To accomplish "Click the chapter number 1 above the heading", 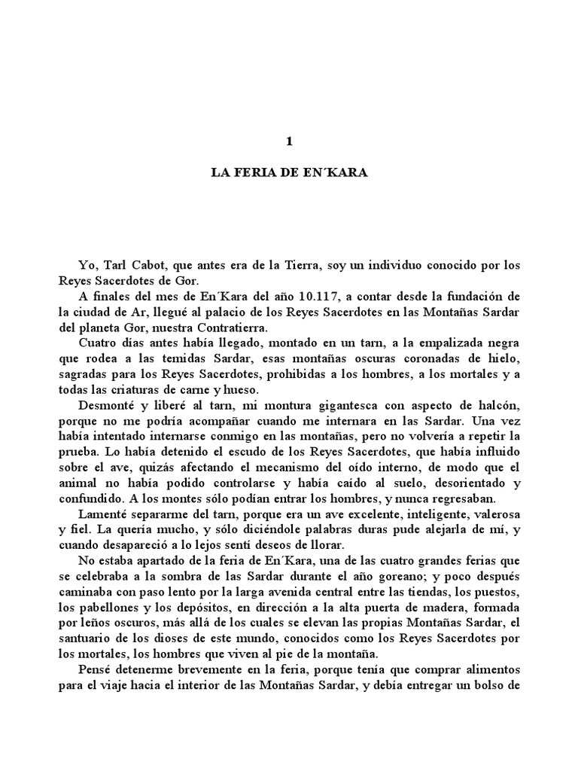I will point(288,141).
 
